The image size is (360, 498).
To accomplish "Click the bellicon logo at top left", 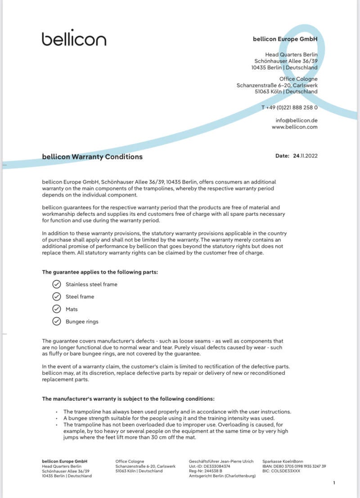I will pos(74,39).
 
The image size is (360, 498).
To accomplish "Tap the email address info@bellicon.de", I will pos(297,120).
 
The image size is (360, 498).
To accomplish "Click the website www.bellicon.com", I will pos(294,127).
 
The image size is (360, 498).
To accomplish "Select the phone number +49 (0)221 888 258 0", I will pos(292,108).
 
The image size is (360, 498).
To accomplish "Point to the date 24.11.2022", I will pos(305,156).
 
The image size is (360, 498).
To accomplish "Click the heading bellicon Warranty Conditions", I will pos(92,157).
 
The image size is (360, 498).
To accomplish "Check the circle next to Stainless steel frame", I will pos(56,284).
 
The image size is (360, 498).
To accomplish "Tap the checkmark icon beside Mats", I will pos(56,309).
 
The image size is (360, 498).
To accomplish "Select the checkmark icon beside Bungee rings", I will pos(56,321).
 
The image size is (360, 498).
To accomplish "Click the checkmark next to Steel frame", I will pos(56,296).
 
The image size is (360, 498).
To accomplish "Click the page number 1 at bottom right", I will pos(334,483).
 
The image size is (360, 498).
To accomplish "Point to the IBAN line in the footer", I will pos(294,466).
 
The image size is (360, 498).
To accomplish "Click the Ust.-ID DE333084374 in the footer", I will pos(209,466).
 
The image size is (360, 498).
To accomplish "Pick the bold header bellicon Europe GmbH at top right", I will pos(285,39).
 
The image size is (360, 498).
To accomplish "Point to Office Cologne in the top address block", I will pos(298,79).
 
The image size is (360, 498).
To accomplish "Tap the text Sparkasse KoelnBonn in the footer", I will pos(283,461).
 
